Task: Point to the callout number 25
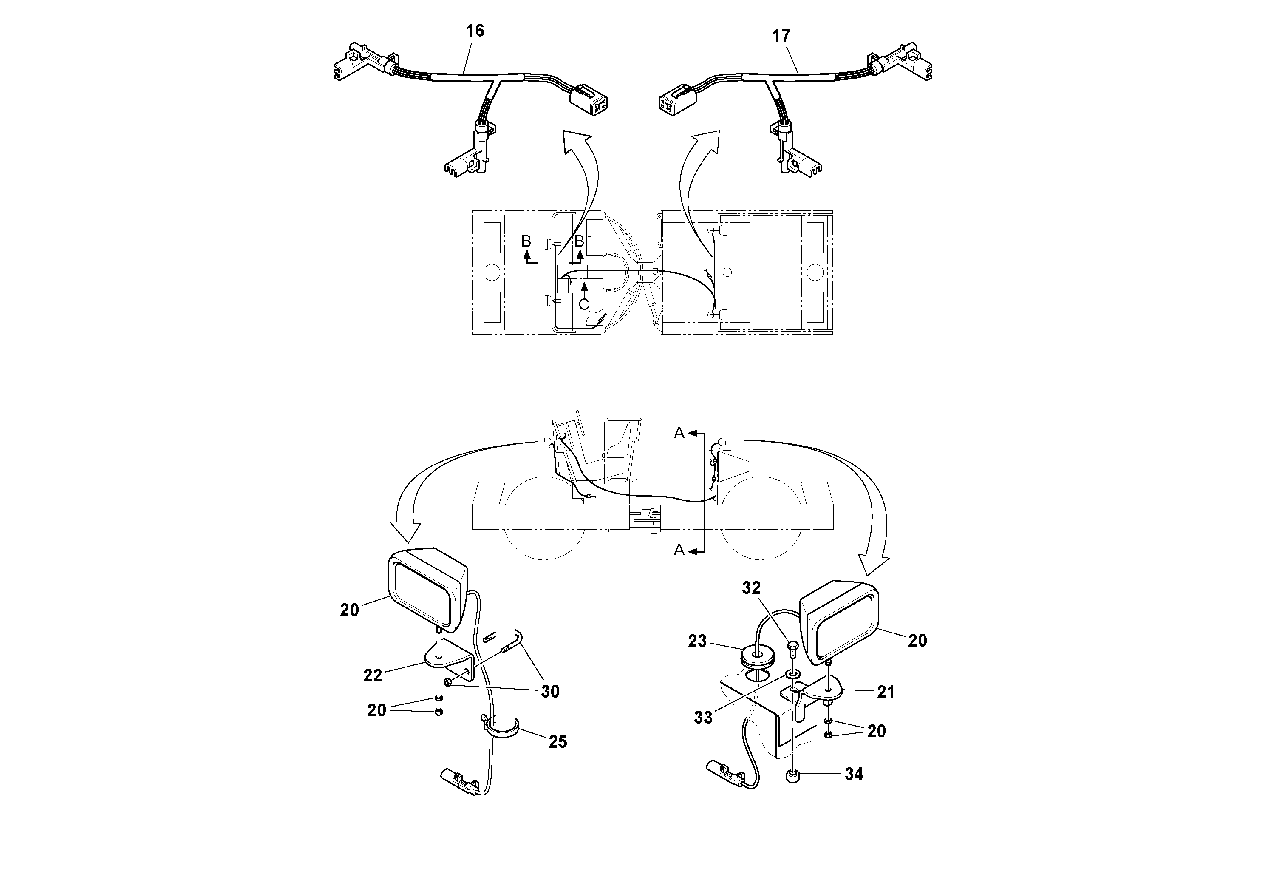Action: [558, 742]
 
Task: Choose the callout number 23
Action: [697, 641]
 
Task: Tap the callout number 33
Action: [703, 718]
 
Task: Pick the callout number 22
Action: [373, 676]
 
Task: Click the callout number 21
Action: [886, 692]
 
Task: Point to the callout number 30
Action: [550, 692]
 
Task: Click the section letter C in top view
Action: [584, 304]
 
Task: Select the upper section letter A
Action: [679, 434]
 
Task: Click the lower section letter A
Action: [679, 550]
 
